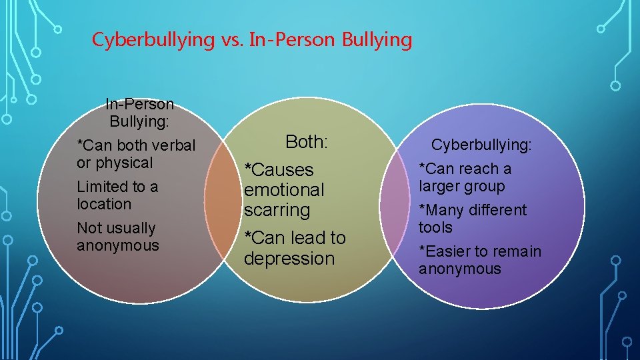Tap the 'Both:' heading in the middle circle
307,141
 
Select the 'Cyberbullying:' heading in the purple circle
481,145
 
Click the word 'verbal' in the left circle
173,145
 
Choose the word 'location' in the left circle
104,204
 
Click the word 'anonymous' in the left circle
118,245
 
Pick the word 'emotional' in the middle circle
284,190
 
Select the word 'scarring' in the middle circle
277,210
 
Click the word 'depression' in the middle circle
289,259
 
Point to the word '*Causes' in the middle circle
279,170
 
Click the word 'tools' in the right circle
435,227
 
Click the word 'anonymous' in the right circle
459,269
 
